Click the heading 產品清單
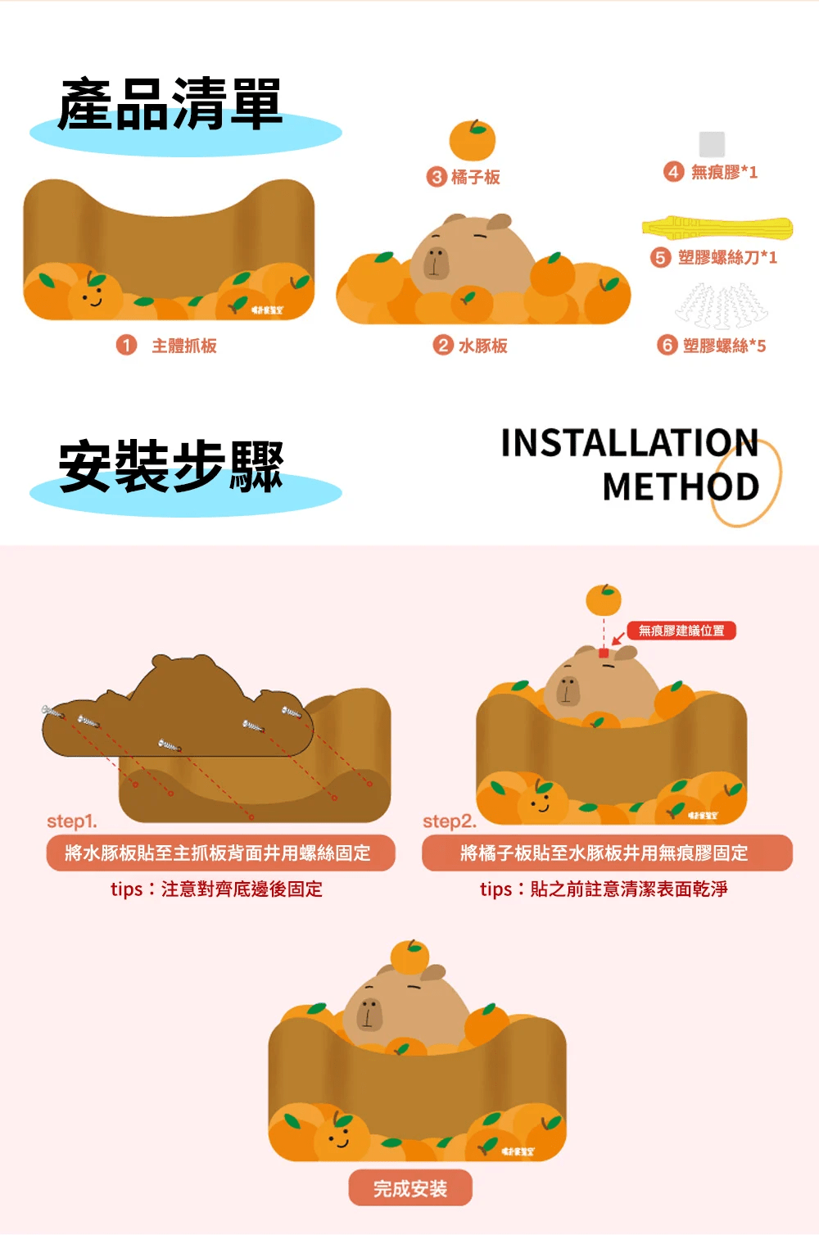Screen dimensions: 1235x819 (170, 105)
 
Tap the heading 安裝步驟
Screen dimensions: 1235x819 (170, 467)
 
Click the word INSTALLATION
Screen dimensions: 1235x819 (629, 443)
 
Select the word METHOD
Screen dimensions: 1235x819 (681, 487)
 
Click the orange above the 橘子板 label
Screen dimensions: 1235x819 (473, 140)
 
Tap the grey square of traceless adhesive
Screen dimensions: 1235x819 (712, 144)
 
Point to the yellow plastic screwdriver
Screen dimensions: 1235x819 (717, 227)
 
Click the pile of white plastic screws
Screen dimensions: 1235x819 (722, 306)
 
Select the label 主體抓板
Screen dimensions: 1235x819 (184, 346)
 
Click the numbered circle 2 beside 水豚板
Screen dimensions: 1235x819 (443, 345)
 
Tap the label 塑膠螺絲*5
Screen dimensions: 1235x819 (724, 346)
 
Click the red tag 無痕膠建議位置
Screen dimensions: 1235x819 (681, 631)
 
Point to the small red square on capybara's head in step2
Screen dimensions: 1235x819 (604, 653)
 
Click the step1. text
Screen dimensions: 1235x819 (72, 821)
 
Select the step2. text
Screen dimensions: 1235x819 (449, 821)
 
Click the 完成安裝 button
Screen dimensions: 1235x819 (410, 1188)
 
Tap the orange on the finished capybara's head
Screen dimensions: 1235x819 (409, 957)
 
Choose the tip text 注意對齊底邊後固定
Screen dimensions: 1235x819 (217, 889)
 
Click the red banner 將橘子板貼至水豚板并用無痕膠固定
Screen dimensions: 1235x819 (607, 853)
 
